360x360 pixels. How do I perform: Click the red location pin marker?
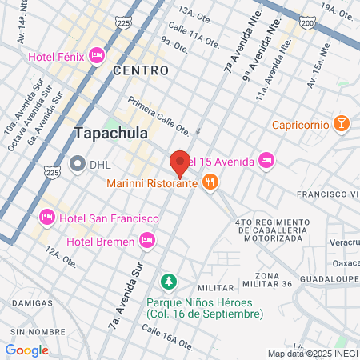180,162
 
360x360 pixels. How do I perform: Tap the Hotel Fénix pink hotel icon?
97,55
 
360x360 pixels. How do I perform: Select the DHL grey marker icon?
78,164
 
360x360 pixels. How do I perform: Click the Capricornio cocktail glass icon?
342,124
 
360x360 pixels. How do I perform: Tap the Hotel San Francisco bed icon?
47,218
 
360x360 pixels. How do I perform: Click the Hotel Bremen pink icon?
146,239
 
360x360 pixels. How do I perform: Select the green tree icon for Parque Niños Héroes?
168,282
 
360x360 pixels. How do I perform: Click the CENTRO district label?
141,70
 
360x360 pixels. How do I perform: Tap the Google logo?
26,350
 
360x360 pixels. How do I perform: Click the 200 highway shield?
308,25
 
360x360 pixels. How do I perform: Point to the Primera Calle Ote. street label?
159,117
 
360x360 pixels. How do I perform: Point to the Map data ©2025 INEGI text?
312,353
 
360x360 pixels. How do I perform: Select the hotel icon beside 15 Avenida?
266,161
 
